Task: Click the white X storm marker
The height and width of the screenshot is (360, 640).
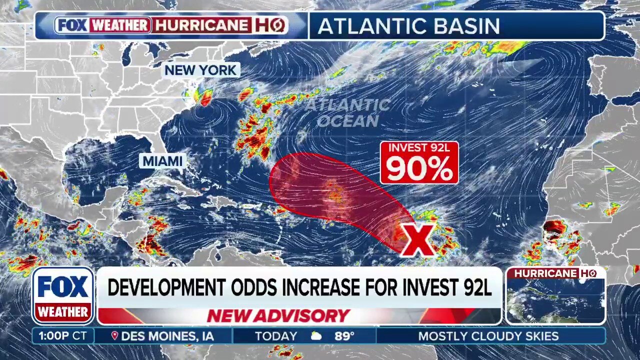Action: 418,240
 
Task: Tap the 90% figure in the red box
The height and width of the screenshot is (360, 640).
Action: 419,169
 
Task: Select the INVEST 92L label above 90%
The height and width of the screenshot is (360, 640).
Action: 419,148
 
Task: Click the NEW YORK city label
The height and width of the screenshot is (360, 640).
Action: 200,70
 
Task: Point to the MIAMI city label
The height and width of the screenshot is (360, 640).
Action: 163,161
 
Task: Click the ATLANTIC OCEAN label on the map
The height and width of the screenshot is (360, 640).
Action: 348,113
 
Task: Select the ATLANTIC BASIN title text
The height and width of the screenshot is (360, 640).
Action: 408,26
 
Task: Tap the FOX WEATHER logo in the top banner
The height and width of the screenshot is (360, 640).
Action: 103,25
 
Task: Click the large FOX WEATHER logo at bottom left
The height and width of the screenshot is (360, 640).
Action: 63,295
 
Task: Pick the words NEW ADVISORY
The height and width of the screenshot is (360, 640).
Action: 278,316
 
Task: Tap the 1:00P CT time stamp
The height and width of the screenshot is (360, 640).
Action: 62,336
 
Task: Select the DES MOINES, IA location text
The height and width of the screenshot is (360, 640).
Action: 167,336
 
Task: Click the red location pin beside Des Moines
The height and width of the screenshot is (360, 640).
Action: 114,336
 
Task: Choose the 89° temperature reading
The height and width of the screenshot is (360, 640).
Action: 344,336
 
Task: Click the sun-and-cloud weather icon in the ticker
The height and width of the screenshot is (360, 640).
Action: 316,336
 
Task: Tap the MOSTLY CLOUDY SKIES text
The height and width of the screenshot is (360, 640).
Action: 488,336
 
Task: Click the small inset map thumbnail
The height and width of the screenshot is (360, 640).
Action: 555,300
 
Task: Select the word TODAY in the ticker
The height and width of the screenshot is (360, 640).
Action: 276,336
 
